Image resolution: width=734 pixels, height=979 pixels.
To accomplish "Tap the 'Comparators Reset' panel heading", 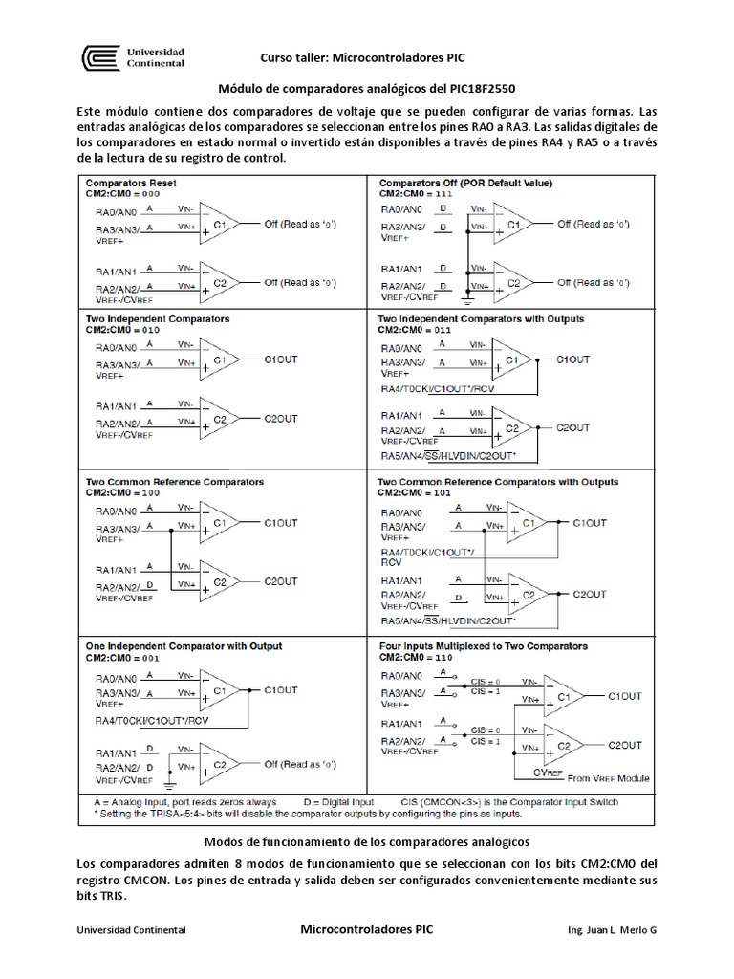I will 131,182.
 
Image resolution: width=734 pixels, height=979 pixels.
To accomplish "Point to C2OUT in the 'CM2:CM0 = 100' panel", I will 281,581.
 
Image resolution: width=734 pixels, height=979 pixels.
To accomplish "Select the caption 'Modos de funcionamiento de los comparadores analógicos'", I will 367,841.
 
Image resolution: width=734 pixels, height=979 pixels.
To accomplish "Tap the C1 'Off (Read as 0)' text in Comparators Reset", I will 300,224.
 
